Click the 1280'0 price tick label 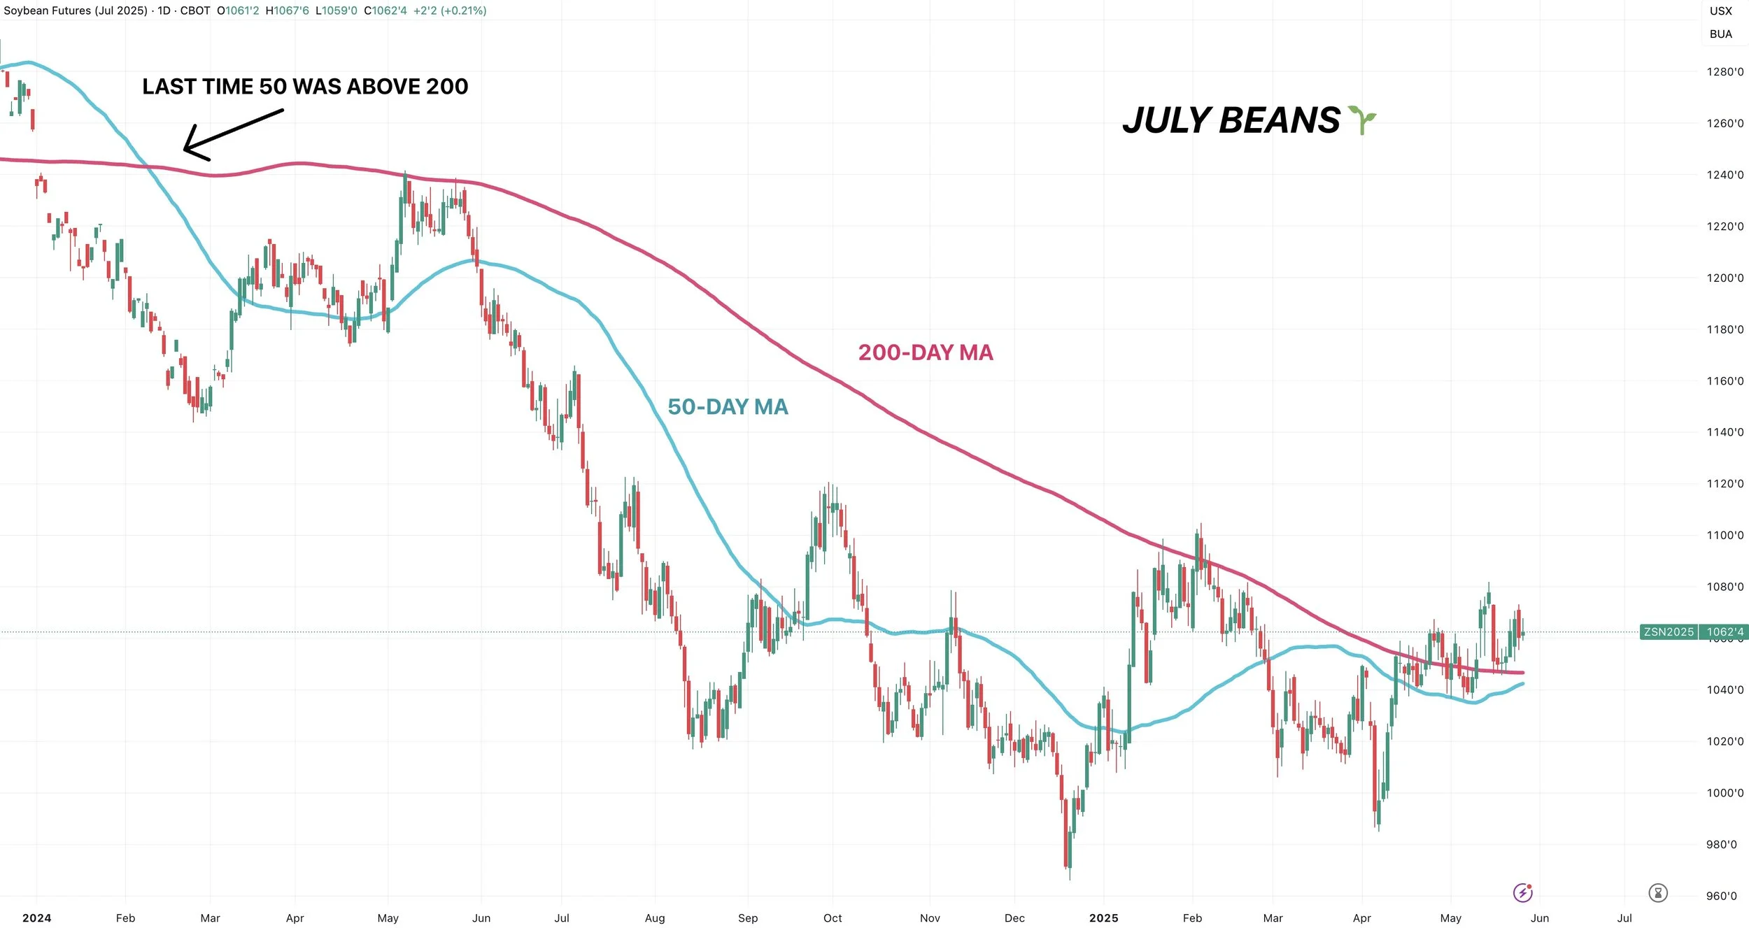click(1725, 72)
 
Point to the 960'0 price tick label click(1721, 896)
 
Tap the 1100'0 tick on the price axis click(1725, 536)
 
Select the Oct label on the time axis click(833, 918)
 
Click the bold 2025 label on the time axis click(1103, 918)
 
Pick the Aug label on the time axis click(655, 918)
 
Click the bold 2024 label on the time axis click(36, 918)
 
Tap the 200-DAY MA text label click(926, 352)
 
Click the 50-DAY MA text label click(728, 407)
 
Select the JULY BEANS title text click(1231, 120)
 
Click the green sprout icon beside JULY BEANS click(1362, 120)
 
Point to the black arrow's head click(185, 148)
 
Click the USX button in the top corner click(1721, 11)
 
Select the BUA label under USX click(1721, 34)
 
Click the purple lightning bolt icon click(1523, 892)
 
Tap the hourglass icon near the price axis click(1658, 893)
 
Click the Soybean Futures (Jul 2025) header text click(76, 10)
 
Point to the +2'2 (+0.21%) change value click(450, 10)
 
